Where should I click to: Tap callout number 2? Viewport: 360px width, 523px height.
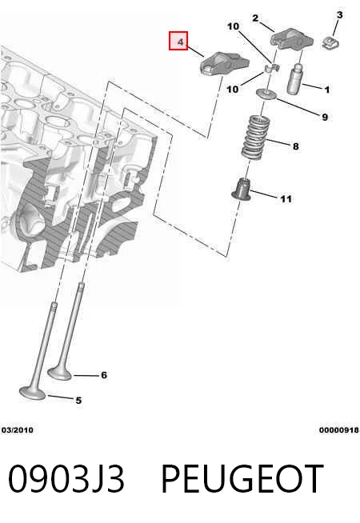(x=255, y=18)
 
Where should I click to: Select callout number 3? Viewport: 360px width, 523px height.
(x=339, y=14)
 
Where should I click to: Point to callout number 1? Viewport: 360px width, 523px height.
(x=327, y=90)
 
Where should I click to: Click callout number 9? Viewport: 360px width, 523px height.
(x=325, y=117)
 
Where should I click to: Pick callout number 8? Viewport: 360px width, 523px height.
(x=296, y=146)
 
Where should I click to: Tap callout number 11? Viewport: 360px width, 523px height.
(x=286, y=199)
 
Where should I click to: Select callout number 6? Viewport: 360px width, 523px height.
(x=104, y=375)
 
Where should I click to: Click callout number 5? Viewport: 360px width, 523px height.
(x=78, y=400)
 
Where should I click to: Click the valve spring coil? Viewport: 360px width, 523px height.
(x=255, y=137)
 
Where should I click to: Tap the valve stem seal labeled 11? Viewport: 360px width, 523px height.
(x=242, y=190)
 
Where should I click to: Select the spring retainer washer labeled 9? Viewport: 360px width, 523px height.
(x=266, y=94)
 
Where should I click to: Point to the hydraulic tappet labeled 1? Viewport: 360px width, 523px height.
(x=294, y=78)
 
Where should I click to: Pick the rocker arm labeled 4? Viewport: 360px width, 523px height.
(x=225, y=62)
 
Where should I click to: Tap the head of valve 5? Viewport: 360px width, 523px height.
(x=32, y=393)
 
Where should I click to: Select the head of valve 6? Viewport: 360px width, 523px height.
(x=60, y=373)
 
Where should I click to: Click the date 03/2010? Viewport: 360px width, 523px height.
(x=18, y=430)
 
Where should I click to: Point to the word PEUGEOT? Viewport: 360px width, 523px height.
(x=242, y=479)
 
